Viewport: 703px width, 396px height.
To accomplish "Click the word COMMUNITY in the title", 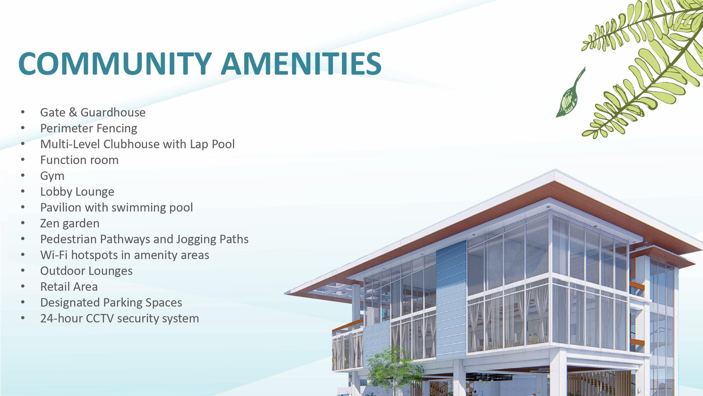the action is point(115,63).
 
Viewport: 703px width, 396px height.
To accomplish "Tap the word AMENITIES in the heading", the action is point(301,63).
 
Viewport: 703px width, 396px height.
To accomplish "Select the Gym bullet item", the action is point(52,176).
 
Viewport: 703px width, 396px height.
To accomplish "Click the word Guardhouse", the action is point(113,112).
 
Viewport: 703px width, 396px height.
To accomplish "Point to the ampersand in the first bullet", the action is point(72,112).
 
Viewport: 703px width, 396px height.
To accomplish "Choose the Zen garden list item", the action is point(70,224).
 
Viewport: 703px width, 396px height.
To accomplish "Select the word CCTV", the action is point(100,319).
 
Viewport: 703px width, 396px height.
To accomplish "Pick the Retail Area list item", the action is point(69,286).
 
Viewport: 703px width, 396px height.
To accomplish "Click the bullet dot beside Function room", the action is point(22,160).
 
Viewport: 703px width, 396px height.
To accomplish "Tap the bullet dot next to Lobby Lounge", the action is point(22,191).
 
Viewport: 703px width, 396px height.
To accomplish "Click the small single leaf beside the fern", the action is point(569,94).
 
